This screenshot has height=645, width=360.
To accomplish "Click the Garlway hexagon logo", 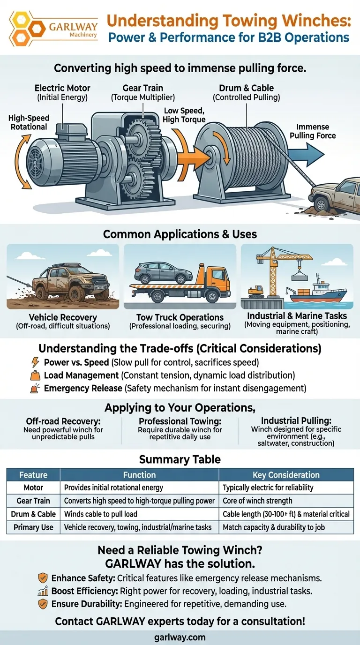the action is coord(27,29).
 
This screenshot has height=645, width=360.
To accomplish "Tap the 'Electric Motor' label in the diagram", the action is coord(62,88).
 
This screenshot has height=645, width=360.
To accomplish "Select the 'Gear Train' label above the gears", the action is coord(143,88).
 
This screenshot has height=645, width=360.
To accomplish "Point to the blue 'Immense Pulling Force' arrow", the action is coord(306,155).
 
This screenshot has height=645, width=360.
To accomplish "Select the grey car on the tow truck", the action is coord(164,272).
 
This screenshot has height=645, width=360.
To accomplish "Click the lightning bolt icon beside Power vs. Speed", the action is coord(35,362).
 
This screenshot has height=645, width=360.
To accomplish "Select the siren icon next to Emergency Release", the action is coord(35,389).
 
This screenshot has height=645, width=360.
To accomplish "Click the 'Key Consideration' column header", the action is coord(286,475).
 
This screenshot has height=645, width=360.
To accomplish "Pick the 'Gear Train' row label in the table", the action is coord(33,501).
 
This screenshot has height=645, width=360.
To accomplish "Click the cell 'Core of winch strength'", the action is coord(257,501).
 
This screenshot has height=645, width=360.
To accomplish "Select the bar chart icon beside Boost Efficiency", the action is coord(43,592).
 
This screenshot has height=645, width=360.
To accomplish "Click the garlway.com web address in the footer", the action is coord(180,637).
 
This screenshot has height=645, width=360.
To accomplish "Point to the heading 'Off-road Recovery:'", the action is coord(63,421).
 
